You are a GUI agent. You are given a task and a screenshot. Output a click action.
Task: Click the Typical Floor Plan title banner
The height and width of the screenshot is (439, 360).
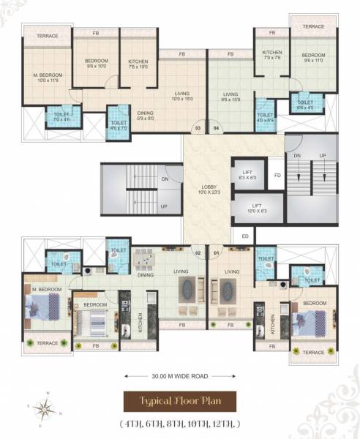point(181,402)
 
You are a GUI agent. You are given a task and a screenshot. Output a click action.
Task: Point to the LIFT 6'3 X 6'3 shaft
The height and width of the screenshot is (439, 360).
point(248,175)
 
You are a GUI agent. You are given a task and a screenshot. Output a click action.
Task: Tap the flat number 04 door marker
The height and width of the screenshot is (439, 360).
point(216,130)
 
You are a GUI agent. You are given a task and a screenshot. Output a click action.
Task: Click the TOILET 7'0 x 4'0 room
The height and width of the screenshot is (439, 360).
point(58,115)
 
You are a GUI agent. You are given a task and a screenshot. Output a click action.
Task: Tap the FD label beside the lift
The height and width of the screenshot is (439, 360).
point(277,176)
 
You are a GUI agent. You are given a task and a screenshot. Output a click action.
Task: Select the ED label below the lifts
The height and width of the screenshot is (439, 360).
point(244,236)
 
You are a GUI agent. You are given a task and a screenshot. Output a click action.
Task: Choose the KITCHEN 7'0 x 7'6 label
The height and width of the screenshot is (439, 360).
point(272,56)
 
